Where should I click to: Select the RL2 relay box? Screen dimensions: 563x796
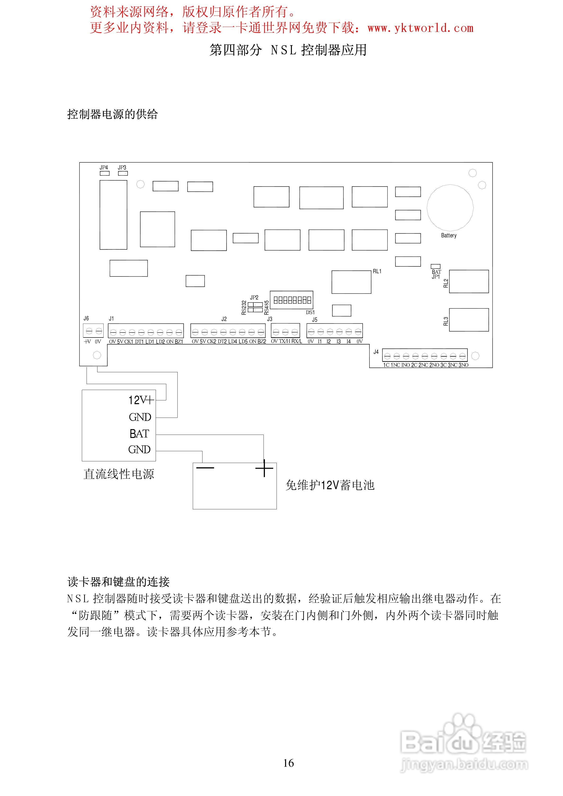pos(469,281)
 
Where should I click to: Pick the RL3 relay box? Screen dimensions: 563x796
pos(469,320)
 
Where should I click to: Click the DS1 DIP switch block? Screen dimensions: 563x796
pos(292,300)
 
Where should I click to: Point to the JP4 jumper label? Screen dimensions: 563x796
pos(104,168)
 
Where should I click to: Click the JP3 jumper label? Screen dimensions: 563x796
pos(122,168)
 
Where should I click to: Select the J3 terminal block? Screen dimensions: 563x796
pos(285,331)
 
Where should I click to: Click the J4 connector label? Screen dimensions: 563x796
pos(376,352)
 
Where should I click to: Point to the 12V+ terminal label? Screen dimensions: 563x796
pos(141,400)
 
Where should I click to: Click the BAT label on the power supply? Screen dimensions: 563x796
pos(139,433)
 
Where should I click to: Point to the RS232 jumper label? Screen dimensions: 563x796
pos(244,307)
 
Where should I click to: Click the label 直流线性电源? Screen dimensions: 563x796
pos(119,474)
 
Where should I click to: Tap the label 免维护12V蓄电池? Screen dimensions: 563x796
pos(330,485)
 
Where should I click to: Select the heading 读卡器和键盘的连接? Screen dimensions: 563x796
pos(118,582)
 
